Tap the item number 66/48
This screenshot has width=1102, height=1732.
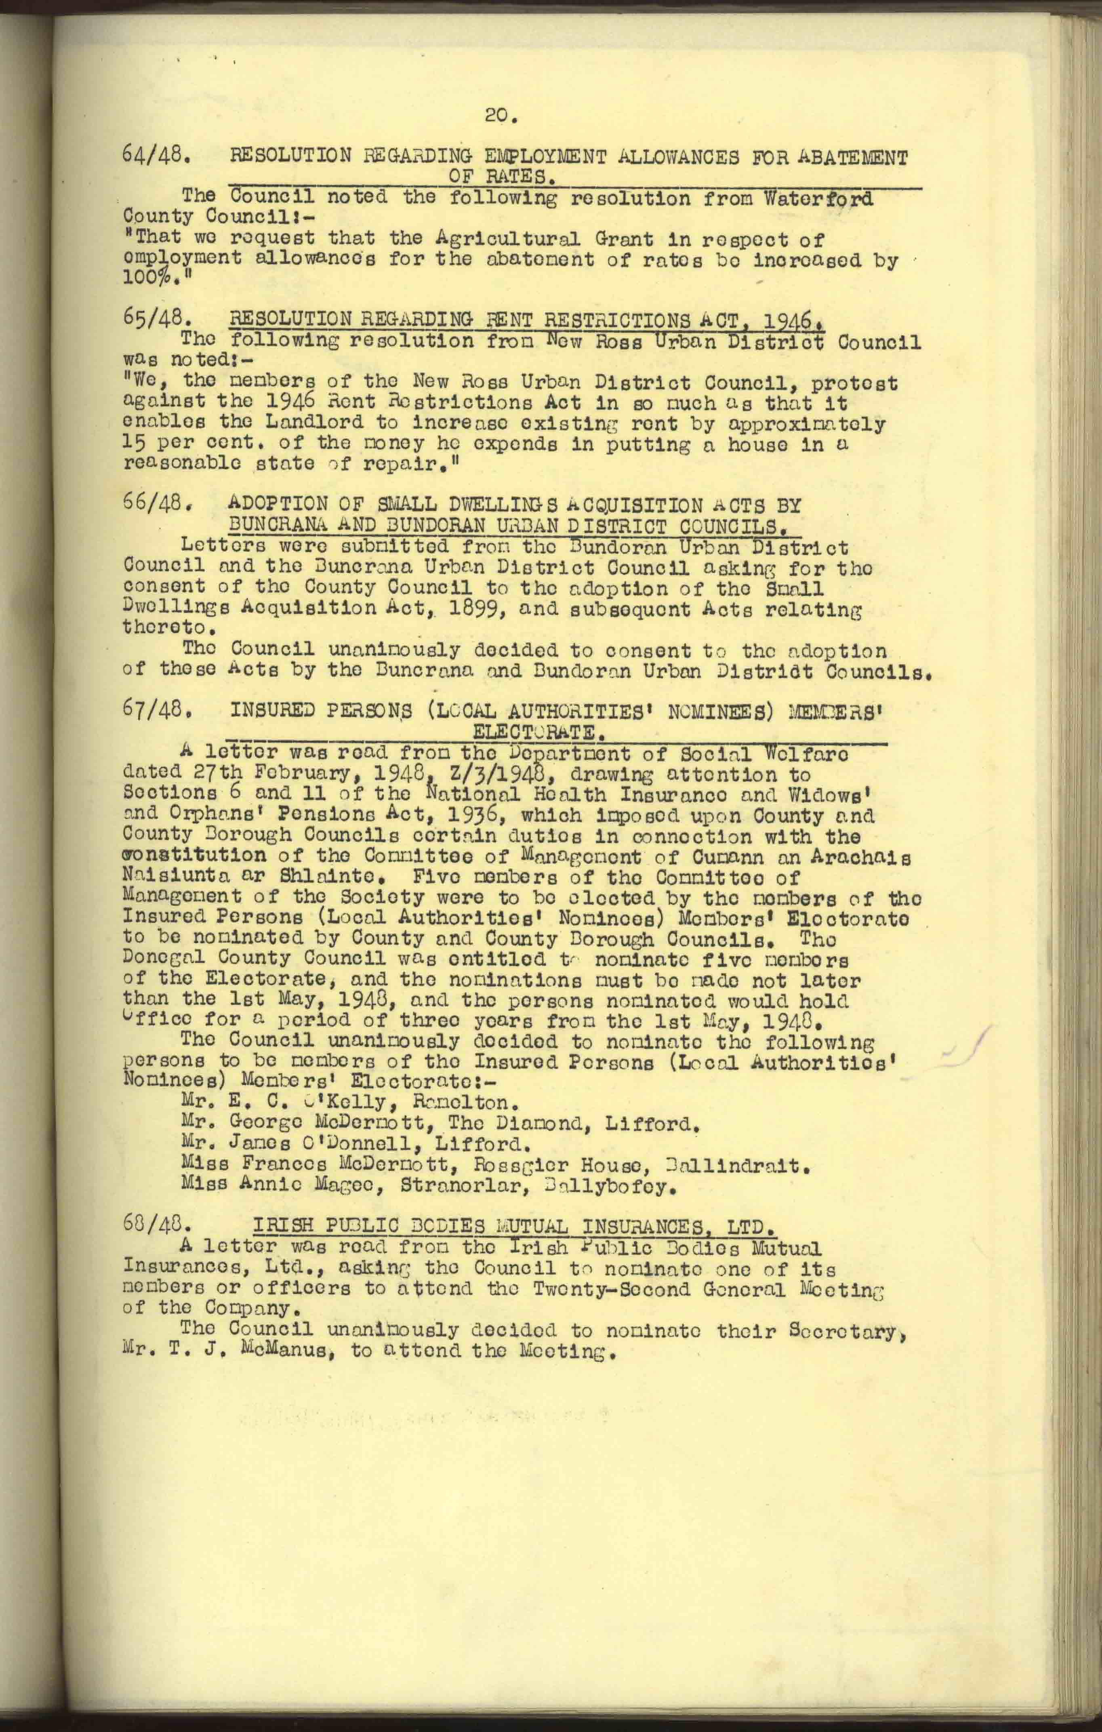[156, 503]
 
